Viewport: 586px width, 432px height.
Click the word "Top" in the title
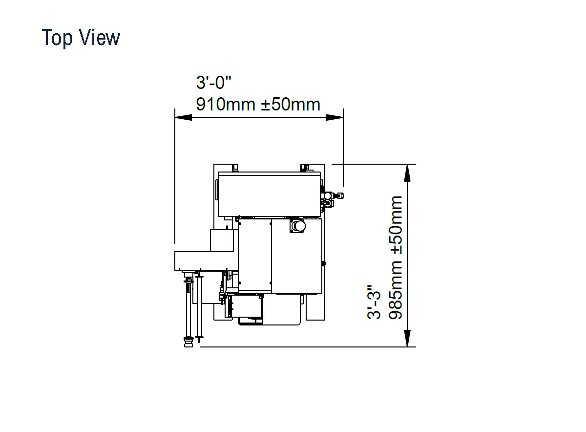[x=57, y=38]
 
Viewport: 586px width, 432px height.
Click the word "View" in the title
[x=100, y=38]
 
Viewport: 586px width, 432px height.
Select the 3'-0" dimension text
[x=214, y=83]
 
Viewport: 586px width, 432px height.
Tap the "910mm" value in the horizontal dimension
[x=226, y=104]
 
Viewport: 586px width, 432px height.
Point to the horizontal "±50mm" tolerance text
[x=291, y=104]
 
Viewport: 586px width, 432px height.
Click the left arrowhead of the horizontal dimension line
[x=183, y=117]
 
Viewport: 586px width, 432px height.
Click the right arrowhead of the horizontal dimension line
[x=335, y=117]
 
